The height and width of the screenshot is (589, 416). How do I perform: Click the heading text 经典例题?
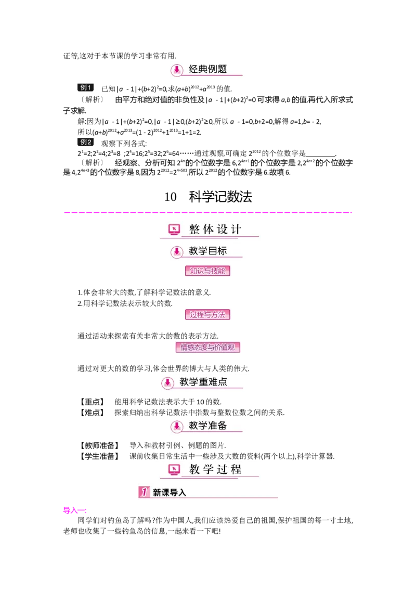[x=208, y=69]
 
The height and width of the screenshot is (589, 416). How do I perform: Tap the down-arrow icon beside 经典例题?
[x=177, y=70]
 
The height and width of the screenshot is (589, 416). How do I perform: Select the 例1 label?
[x=85, y=87]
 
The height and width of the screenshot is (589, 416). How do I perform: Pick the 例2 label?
[x=85, y=142]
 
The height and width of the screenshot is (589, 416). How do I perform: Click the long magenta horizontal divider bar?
[x=208, y=212]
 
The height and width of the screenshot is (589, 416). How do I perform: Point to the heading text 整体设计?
[x=215, y=230]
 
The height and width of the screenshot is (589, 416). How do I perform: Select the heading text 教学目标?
[x=208, y=251]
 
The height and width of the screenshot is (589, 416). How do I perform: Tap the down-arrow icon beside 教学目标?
[x=177, y=252]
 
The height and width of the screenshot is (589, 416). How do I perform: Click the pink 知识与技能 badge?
[x=207, y=271]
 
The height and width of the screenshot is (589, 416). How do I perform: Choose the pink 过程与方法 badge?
[x=207, y=314]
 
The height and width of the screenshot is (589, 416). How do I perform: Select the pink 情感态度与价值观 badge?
[x=207, y=347]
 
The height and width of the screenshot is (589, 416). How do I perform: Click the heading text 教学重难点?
[x=203, y=382]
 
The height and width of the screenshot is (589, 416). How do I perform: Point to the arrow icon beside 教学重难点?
[x=167, y=383]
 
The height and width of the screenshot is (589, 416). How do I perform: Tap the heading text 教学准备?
[x=208, y=426]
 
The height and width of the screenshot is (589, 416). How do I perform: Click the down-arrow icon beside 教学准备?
[x=177, y=427]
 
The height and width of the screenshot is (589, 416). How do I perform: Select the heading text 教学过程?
[x=215, y=469]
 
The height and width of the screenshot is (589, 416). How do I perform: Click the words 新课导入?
[x=170, y=492]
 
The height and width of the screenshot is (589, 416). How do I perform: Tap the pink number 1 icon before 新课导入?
[x=144, y=492]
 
